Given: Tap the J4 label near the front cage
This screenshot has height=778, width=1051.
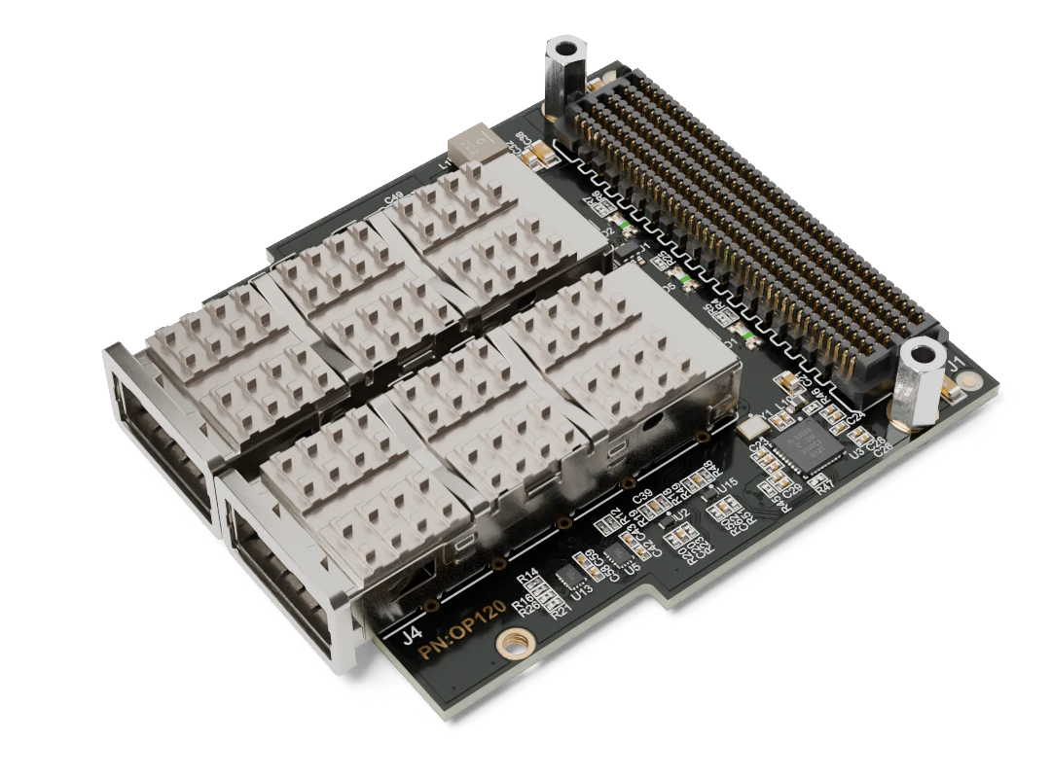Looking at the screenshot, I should (x=412, y=638).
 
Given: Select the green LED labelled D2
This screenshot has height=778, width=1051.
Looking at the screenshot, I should (x=687, y=284).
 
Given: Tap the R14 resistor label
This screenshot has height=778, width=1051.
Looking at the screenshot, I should (x=527, y=575).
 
